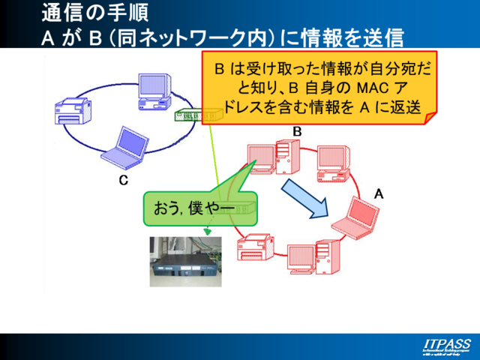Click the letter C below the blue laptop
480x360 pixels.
coord(124,181)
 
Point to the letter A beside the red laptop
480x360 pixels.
coord(379,193)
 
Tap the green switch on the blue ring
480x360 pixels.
coord(194,115)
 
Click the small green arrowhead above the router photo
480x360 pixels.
coord(207,232)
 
